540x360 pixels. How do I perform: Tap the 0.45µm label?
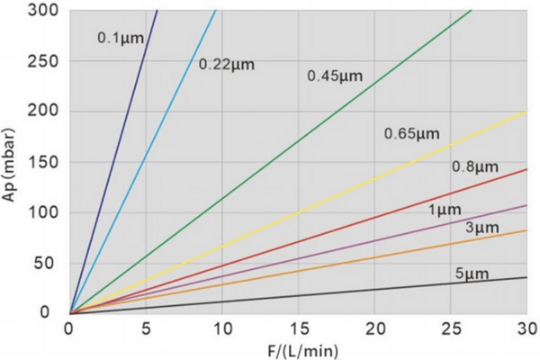click(335, 76)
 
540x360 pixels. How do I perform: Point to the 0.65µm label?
click(411, 134)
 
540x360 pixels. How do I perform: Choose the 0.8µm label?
click(474, 166)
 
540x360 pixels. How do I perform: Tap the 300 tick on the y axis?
click(42, 11)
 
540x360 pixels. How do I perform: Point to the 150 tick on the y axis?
click(42, 162)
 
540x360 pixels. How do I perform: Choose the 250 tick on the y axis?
click(42, 61)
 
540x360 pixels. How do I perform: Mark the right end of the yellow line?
click(526, 112)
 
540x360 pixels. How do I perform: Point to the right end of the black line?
click(526, 277)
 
